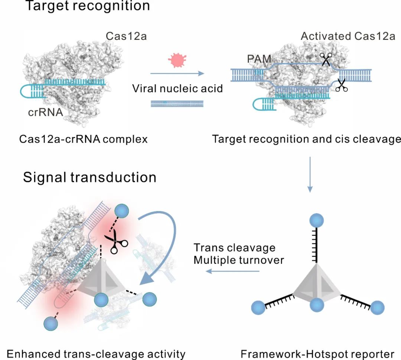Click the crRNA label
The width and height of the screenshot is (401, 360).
coord(46,112)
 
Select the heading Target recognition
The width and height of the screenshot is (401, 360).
coord(87,6)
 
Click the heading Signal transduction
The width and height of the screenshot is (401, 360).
coord(89,177)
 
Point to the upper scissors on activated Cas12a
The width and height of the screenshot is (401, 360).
coord(326,59)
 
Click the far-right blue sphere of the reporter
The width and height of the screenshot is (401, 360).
coord(377,308)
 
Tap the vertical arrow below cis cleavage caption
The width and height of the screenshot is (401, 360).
coord(310,174)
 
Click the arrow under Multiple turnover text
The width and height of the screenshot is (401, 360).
coord(232,271)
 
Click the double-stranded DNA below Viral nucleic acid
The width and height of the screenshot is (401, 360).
coord(177,104)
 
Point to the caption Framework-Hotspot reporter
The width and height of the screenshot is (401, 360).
coord(317,353)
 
